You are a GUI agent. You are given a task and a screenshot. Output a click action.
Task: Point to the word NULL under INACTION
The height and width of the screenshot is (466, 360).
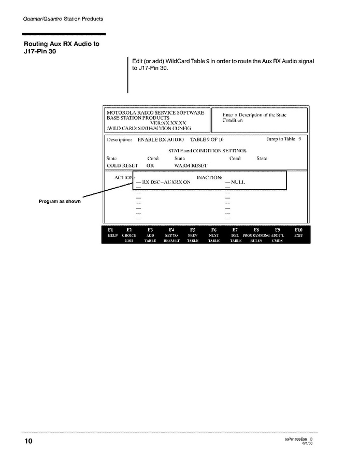pos(238,182)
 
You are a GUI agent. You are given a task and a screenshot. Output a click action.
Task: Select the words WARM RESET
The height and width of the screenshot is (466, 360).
pos(191,166)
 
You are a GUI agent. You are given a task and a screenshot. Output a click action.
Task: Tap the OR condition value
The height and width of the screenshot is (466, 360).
pos(150,166)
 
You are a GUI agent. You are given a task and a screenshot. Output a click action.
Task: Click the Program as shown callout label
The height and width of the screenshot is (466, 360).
pos(60,201)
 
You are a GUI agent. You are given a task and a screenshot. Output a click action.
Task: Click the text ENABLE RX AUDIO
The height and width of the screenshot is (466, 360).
pos(157,139)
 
